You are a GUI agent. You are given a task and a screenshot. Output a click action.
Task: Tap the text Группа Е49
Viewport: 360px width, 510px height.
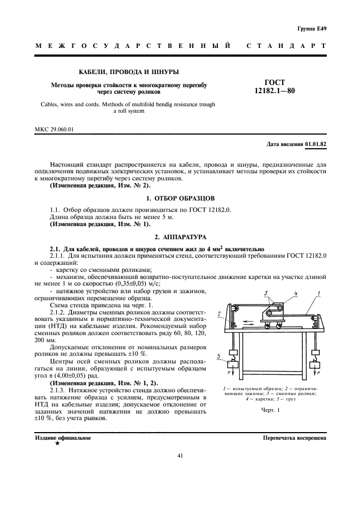pyautogui.click(x=312, y=28)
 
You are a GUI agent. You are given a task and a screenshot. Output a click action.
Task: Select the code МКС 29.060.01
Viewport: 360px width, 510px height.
pyautogui.click(x=53, y=129)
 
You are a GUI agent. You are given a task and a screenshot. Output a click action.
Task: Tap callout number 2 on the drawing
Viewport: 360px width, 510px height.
pyautogui.click(x=218, y=315)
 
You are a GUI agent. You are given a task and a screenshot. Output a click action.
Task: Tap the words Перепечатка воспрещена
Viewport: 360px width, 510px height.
pyautogui.click(x=294, y=438)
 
